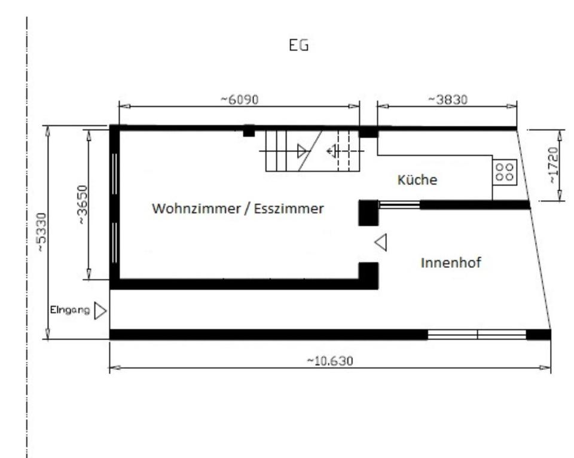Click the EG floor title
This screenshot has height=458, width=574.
(x=299, y=45)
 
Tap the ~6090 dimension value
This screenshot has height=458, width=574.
(x=239, y=99)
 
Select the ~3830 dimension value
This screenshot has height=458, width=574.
(x=448, y=99)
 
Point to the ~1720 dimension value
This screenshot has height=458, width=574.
(x=553, y=166)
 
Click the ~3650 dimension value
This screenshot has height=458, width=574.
(x=83, y=204)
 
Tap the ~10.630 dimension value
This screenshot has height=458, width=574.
(x=330, y=361)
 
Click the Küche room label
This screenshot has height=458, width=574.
(x=417, y=180)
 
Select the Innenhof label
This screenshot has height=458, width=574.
(x=451, y=262)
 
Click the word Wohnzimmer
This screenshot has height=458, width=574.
(x=196, y=209)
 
